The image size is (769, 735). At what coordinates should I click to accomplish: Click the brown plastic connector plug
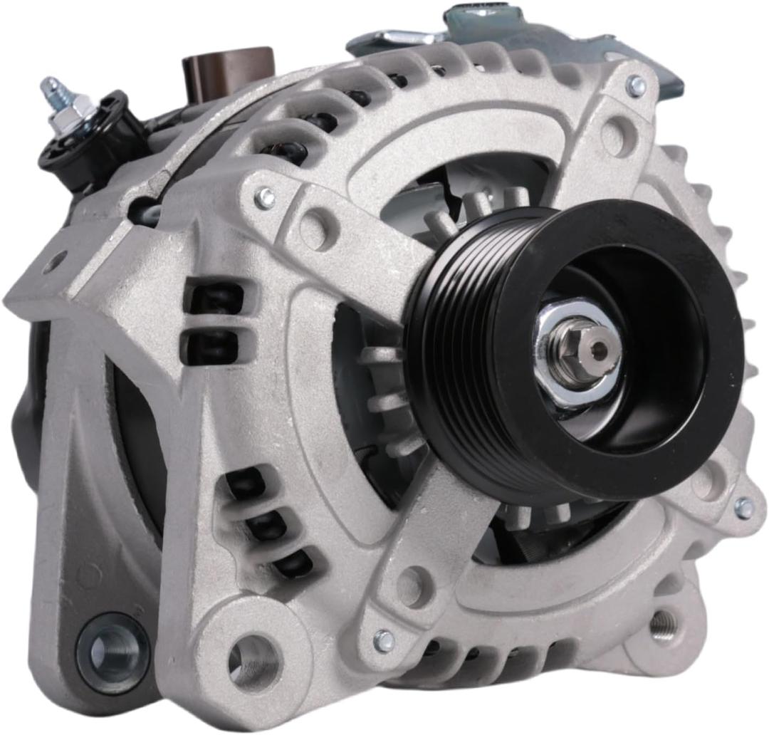(x=228, y=66)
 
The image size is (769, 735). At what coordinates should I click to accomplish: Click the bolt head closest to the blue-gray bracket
(x=636, y=86)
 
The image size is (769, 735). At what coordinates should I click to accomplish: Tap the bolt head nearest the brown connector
(x=265, y=197)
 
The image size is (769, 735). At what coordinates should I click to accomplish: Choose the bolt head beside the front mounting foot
(x=383, y=640)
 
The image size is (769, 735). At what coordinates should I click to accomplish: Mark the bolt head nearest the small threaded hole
(x=743, y=508)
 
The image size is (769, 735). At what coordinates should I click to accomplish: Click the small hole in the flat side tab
(x=53, y=264)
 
